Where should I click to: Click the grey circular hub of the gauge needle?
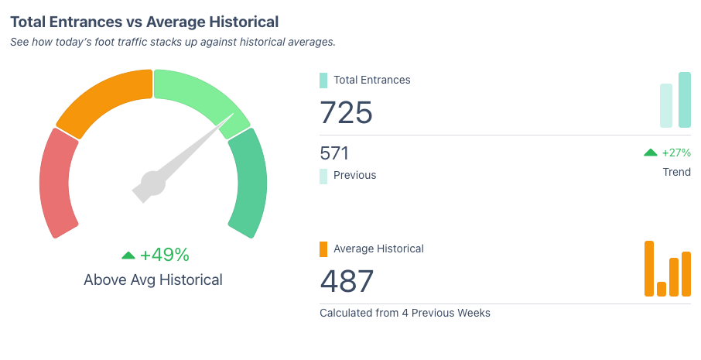tap(152, 183)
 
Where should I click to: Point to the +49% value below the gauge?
tap(165, 255)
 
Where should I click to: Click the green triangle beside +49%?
tap(128, 255)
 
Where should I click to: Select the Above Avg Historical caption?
tap(153, 279)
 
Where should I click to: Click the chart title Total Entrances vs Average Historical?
tap(145, 22)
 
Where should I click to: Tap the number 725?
tap(346, 112)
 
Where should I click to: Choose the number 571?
tap(334, 153)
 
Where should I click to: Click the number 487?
tap(346, 281)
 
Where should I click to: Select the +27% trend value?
tap(676, 153)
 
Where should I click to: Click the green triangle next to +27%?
tap(651, 153)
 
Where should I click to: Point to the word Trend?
tap(676, 172)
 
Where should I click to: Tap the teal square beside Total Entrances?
tap(323, 80)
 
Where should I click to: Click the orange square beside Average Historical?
tap(323, 249)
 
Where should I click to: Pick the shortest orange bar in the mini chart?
tap(662, 289)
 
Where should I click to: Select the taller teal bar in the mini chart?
tap(684, 100)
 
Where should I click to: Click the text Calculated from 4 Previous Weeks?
tap(405, 313)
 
